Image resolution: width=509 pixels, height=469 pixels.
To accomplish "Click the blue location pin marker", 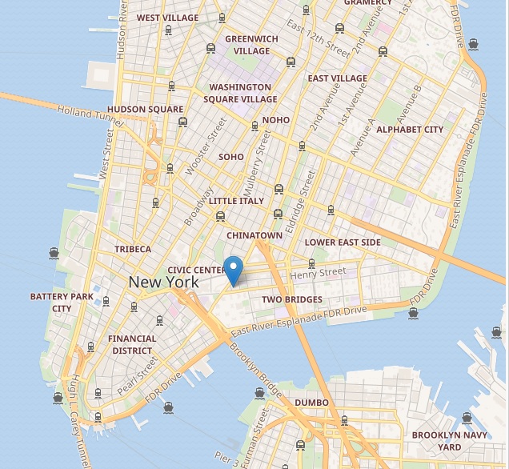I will pyautogui.click(x=233, y=271).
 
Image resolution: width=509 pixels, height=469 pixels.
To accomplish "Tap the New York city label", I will pyautogui.click(x=163, y=283).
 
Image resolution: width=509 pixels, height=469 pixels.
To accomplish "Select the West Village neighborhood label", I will pyautogui.click(x=168, y=17).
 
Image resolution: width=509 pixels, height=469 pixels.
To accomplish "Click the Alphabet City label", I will pyautogui.click(x=410, y=130).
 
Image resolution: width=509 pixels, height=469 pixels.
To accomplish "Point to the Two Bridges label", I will pyautogui.click(x=292, y=300).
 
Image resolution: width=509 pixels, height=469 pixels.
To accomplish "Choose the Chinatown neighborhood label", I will pyautogui.click(x=254, y=236).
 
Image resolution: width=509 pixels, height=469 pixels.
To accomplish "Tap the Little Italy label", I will pyautogui.click(x=235, y=201).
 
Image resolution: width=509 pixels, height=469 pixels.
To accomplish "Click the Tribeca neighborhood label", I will pyautogui.click(x=133, y=249).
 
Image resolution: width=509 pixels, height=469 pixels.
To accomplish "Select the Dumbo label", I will pyautogui.click(x=312, y=403).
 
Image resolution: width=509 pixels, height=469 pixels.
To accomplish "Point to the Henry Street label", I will pyautogui.click(x=319, y=274).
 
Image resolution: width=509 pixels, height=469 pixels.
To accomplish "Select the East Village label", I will pyautogui.click(x=338, y=78).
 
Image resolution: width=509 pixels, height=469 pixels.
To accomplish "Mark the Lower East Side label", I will pyautogui.click(x=343, y=243).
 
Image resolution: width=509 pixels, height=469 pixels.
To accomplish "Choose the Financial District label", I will pyautogui.click(x=132, y=344).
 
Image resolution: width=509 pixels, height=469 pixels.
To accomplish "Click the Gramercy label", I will pyautogui.click(x=368, y=3).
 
